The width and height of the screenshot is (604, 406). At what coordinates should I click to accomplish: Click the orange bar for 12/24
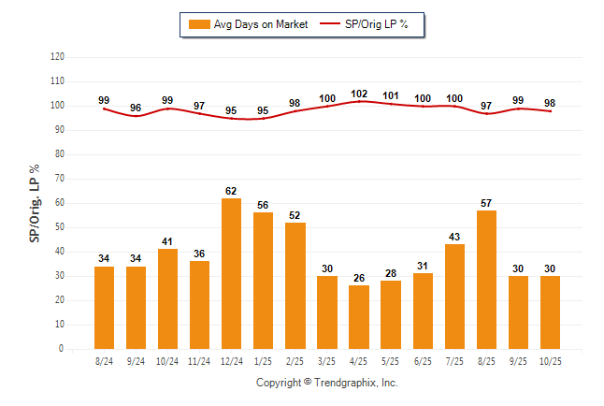point(232,273)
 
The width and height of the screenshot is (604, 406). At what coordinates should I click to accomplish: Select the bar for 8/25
point(486,280)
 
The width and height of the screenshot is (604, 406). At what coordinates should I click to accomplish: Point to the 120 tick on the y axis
point(58,57)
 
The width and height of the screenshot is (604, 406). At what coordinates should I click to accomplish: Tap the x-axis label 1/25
point(264,361)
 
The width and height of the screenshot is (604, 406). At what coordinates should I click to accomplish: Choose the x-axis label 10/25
point(550,361)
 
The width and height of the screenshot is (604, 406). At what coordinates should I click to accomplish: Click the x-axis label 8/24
point(105,361)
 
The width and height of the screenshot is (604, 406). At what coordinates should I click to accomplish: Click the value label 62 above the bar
point(232,191)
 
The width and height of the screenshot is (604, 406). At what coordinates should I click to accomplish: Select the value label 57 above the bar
point(486,203)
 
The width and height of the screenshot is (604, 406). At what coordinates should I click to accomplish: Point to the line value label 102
point(359,94)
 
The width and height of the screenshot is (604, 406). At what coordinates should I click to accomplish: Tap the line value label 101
point(391,95)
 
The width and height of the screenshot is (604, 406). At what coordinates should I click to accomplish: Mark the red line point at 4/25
point(359,101)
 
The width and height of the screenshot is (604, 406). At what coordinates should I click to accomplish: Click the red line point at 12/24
point(232,118)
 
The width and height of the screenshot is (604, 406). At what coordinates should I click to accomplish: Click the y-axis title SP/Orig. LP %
point(36,202)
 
